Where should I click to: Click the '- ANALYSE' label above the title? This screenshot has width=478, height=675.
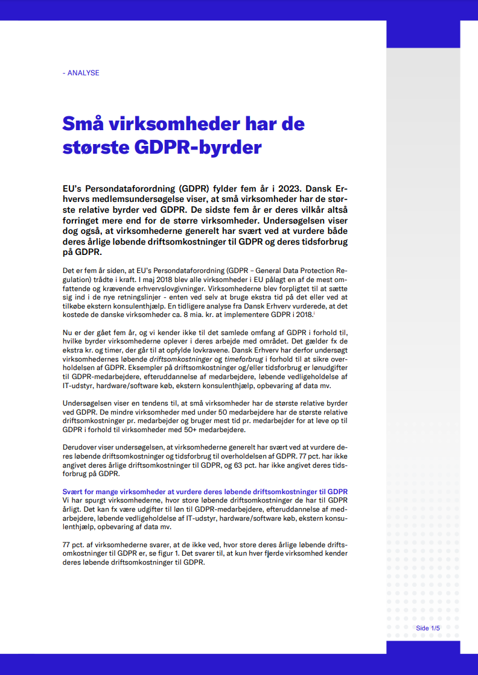81,73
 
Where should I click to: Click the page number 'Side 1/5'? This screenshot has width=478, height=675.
428,628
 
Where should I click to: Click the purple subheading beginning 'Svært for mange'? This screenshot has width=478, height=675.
205,492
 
